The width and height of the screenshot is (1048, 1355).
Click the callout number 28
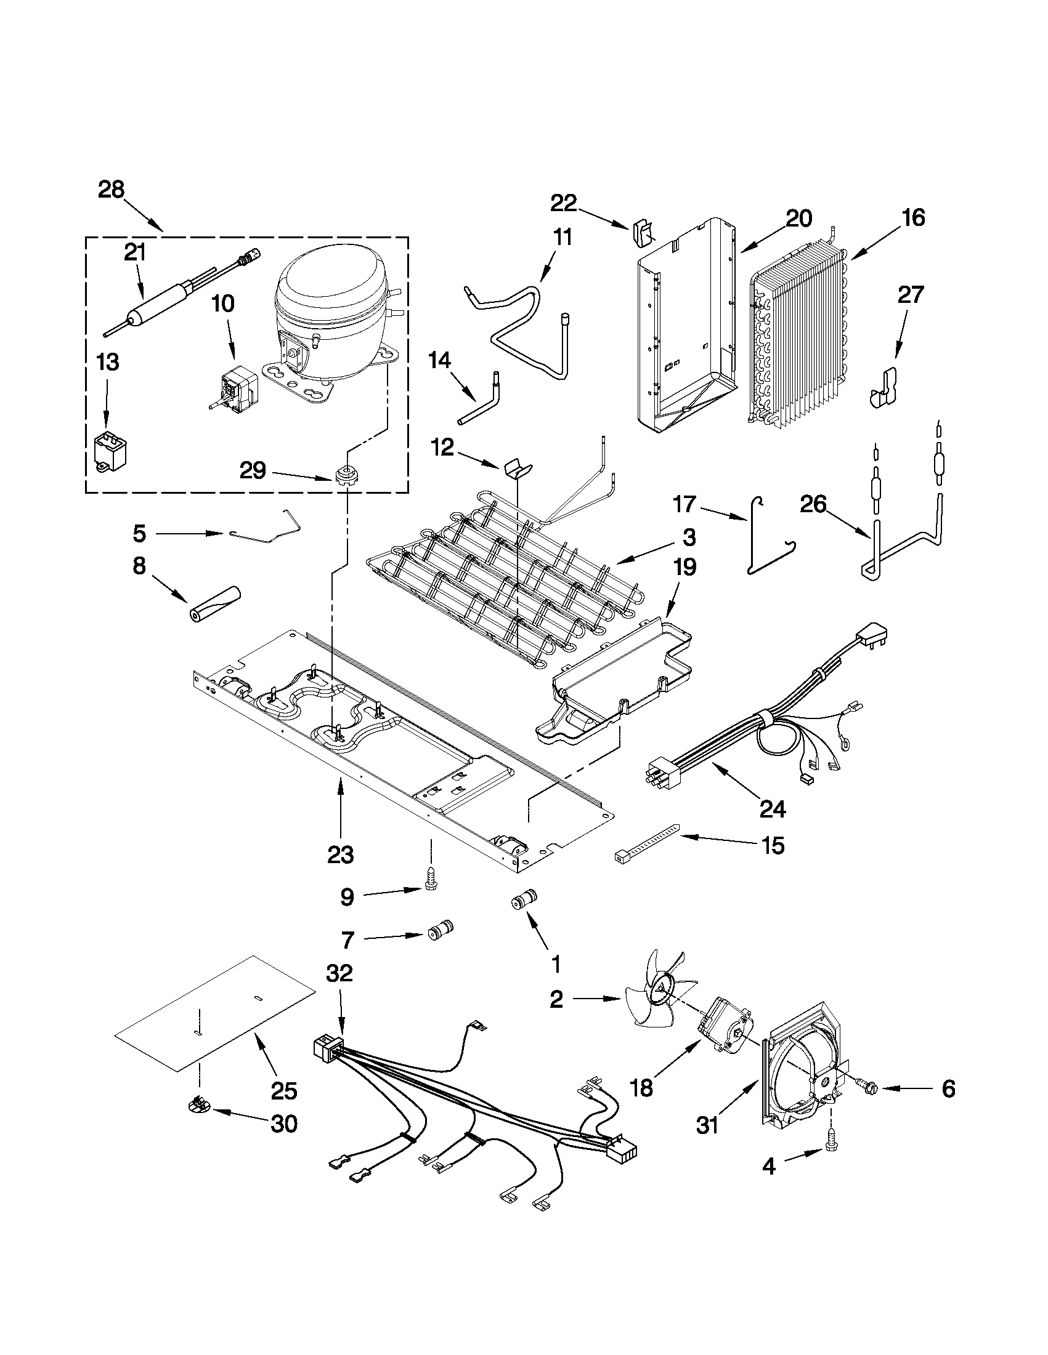pyautogui.click(x=111, y=190)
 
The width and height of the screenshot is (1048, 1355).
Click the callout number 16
pyautogui.click(x=913, y=218)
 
